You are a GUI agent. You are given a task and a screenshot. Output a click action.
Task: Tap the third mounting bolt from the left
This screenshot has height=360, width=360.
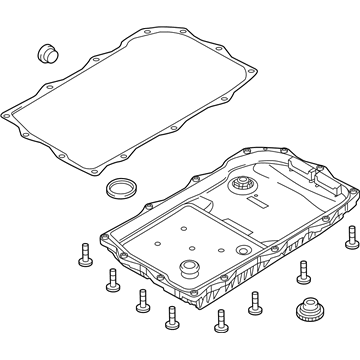point(141,300)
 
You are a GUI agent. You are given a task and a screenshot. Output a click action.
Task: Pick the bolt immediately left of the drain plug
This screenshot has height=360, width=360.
point(255,300)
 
